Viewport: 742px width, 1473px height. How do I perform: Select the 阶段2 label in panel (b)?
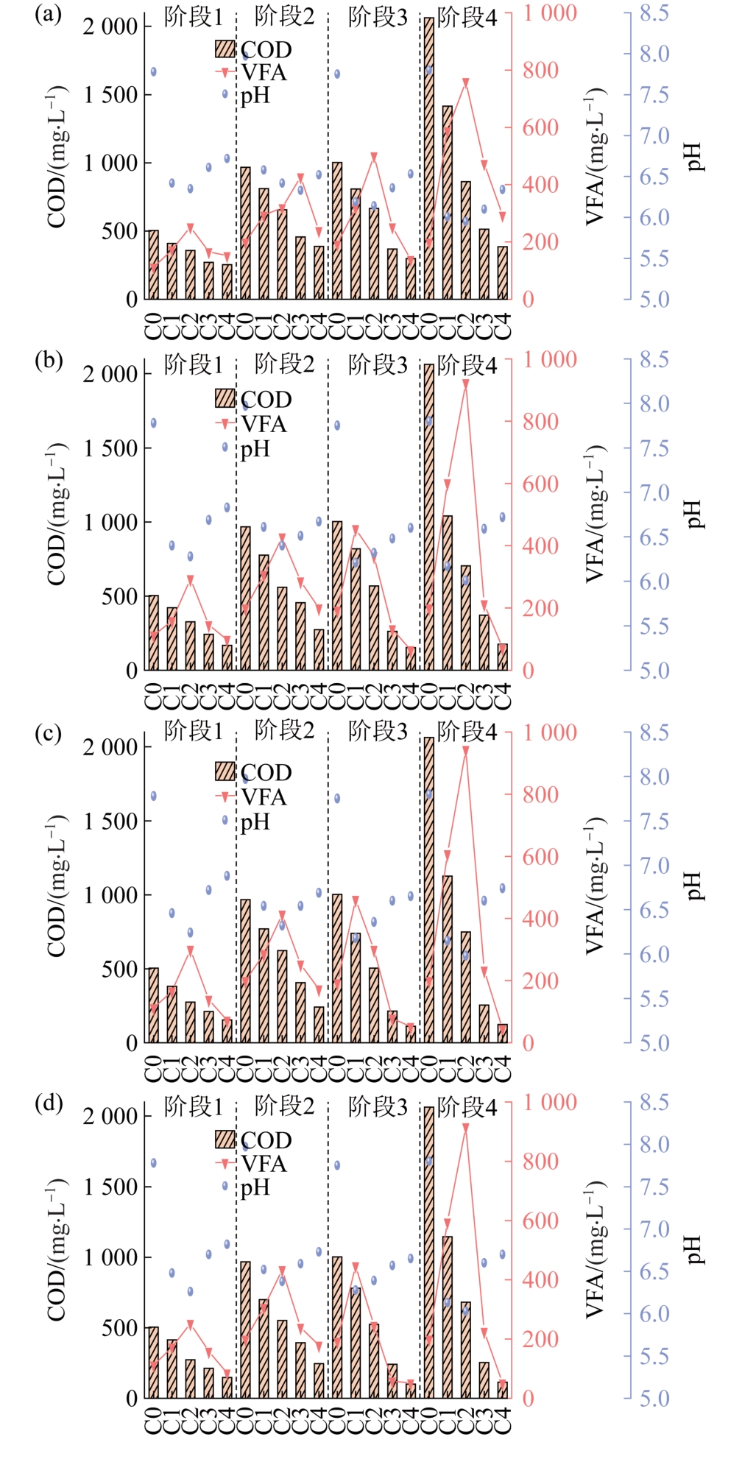(x=284, y=364)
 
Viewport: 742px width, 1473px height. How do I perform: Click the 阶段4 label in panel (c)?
(x=467, y=732)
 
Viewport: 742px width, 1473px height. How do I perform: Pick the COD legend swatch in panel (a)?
(x=225, y=49)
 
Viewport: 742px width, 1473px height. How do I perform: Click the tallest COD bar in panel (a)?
(x=429, y=158)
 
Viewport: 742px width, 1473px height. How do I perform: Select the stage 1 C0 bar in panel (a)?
(x=153, y=265)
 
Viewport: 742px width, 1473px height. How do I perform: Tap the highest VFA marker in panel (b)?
(x=465, y=384)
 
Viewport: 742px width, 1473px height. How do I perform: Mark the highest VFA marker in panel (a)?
(x=465, y=82)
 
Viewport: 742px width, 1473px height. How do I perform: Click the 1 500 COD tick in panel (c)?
(x=111, y=821)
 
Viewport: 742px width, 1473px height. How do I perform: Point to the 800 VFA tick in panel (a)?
(x=540, y=71)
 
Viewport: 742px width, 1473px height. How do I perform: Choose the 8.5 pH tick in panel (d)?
(x=654, y=1102)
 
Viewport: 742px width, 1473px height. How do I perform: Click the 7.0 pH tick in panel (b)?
(x=654, y=492)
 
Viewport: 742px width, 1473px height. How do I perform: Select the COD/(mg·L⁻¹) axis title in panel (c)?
(x=57, y=886)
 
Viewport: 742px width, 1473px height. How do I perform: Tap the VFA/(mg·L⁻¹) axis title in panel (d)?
(x=595, y=1249)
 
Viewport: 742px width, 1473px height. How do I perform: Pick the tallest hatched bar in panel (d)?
(x=429, y=1252)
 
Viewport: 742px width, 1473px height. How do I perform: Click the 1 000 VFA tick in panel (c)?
(x=550, y=732)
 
